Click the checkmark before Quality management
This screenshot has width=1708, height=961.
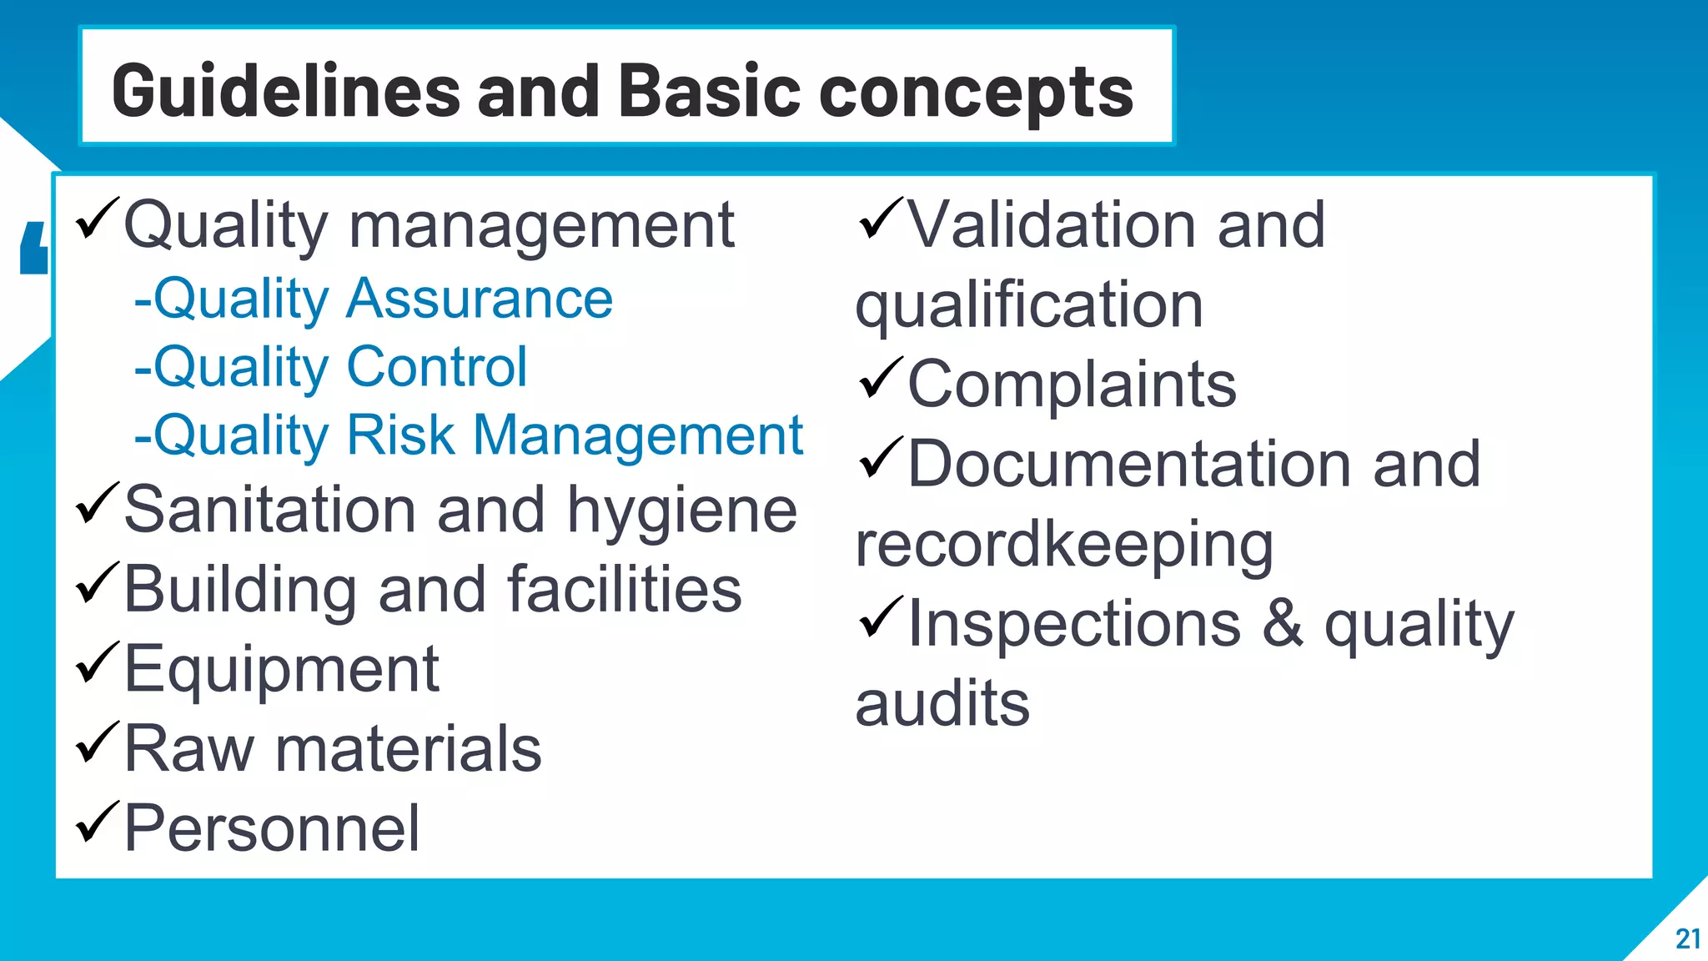pyautogui.click(x=97, y=219)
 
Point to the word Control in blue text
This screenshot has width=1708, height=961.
pyautogui.click(x=436, y=367)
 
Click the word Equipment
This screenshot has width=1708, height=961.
pyautogui.click(x=281, y=670)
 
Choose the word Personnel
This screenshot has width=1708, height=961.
pyautogui.click(x=271, y=828)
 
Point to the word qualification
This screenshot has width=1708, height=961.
pyautogui.click(x=1029, y=306)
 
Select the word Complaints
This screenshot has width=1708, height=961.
pyautogui.click(x=1071, y=385)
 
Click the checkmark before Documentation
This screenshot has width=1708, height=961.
pyautogui.click(x=880, y=458)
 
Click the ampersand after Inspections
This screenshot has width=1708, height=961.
pyautogui.click(x=1282, y=624)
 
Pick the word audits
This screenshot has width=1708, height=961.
pyautogui.click(x=942, y=704)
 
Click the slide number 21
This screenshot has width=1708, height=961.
pyautogui.click(x=1687, y=938)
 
